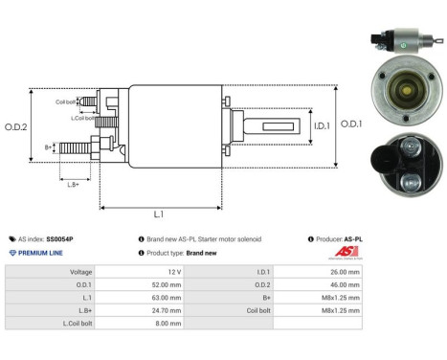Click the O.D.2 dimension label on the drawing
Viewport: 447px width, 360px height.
[16, 126]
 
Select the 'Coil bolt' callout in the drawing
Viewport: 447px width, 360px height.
[66, 101]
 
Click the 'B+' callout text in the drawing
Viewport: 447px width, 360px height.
[49, 147]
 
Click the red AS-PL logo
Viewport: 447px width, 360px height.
[344, 252]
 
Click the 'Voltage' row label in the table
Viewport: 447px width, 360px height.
[81, 272]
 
